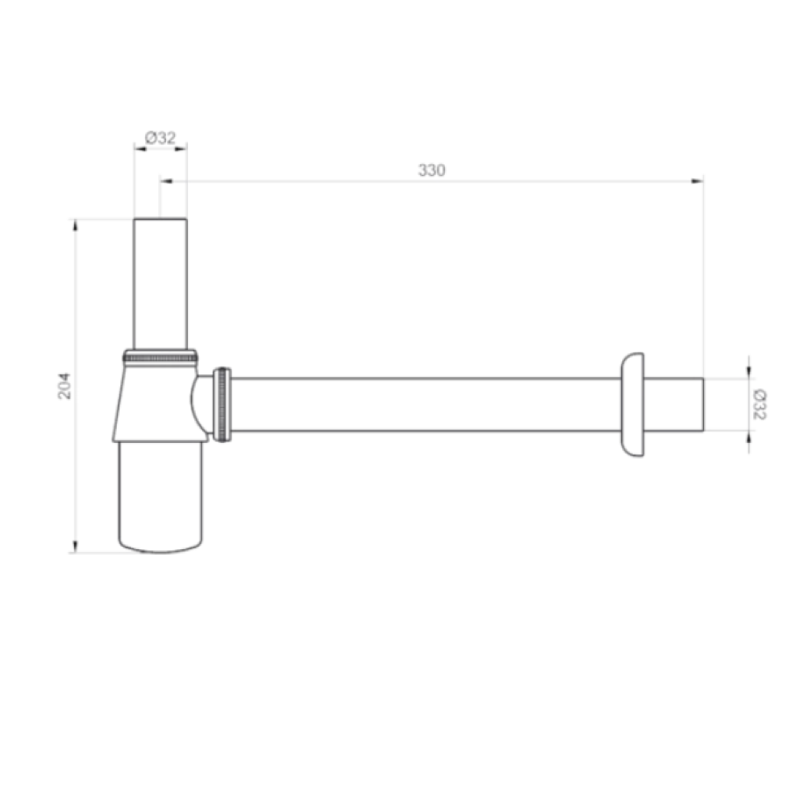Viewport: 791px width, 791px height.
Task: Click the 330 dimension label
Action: [x=432, y=171]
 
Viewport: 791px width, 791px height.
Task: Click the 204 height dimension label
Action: [x=64, y=386]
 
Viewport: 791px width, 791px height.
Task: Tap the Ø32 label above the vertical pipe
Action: [x=161, y=138]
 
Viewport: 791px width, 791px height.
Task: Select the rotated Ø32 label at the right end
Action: [x=759, y=404]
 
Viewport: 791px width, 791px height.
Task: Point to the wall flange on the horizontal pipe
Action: [x=633, y=404]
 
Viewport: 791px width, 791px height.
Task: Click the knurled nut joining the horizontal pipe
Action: [x=222, y=404]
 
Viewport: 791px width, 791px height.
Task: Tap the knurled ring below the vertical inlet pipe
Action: [x=161, y=357]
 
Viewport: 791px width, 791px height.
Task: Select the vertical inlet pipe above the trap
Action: [x=161, y=284]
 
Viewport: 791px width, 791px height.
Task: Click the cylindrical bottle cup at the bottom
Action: [x=161, y=497]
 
